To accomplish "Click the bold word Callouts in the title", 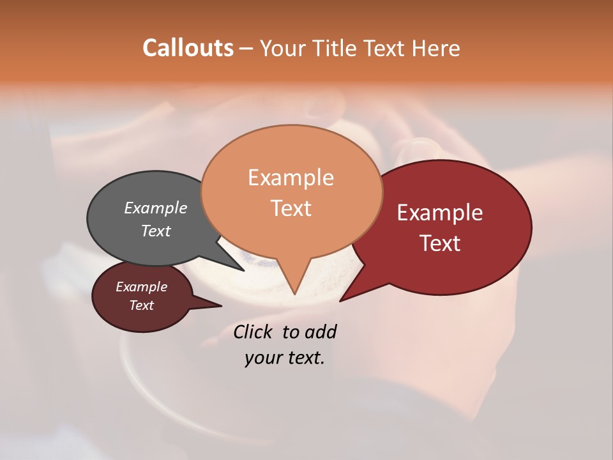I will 188,48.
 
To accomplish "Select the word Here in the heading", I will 434,49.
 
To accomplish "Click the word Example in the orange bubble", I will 291,178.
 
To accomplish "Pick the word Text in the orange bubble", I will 291,208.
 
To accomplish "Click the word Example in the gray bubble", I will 156,208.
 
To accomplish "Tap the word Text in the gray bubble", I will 156,231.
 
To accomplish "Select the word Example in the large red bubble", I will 440,213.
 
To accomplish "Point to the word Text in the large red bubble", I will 440,243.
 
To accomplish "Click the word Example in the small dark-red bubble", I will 142,287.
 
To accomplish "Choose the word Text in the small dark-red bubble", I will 142,305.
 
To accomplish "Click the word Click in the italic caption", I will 255,332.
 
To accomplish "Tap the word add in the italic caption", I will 321,332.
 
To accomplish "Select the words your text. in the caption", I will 285,358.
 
